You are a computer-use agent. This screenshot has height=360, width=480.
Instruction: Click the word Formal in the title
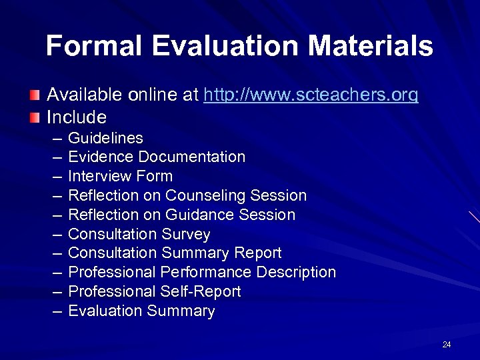pos(93,47)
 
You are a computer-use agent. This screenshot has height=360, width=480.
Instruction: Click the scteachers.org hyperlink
pos(311,96)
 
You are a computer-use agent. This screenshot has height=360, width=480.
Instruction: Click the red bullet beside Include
pos(34,118)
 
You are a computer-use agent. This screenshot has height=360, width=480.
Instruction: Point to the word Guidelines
pos(105,138)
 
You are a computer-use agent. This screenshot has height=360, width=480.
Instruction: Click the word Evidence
pos(100,157)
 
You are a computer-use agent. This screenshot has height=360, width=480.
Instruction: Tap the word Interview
pos(99,177)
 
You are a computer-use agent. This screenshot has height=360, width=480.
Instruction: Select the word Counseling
pos(205,196)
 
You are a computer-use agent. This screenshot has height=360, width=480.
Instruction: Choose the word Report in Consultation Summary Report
pos(258,253)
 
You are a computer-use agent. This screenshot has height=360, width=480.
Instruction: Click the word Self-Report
pos(201,292)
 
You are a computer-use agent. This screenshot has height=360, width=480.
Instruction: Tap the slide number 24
pos(446,345)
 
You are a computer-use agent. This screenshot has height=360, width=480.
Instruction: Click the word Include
pos(76,118)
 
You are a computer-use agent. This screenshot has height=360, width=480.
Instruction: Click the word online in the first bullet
pos(153,96)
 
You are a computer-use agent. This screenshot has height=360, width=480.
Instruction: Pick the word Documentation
pos(191,157)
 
